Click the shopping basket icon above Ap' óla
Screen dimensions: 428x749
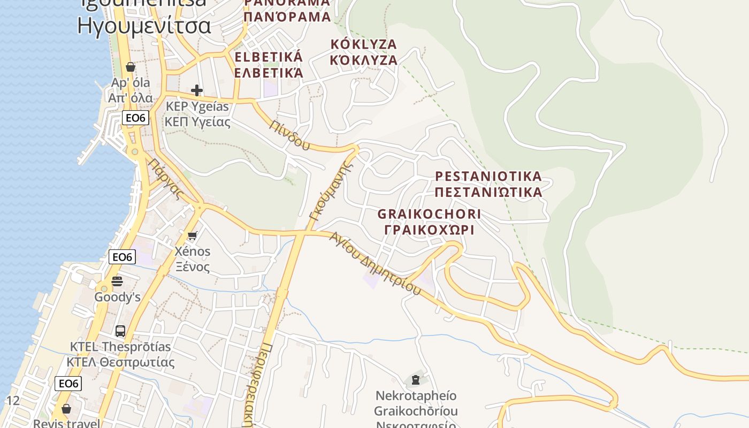[x=130, y=67]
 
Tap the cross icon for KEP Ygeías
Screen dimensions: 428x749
[x=197, y=90]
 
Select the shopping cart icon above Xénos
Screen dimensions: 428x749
[x=192, y=235]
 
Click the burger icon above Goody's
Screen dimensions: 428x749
[x=117, y=281]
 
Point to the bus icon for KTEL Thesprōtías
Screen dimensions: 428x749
[x=120, y=331]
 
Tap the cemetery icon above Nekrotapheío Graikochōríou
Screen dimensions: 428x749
[x=415, y=380]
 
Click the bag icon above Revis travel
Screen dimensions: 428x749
[x=66, y=409]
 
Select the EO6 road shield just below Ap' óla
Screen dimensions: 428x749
[x=135, y=118]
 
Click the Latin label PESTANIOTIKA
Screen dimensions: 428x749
[x=488, y=176]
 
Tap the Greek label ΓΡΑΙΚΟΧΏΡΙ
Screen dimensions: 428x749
[x=429, y=230]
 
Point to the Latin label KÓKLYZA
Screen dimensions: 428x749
[x=363, y=44]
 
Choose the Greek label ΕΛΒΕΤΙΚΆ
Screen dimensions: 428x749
[x=269, y=72]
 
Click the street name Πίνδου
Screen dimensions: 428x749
[x=290, y=134]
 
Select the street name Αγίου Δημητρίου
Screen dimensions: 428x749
[x=375, y=263]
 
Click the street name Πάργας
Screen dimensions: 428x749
[x=166, y=179]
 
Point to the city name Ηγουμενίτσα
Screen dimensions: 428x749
[x=144, y=25]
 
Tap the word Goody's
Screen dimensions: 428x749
[x=117, y=297]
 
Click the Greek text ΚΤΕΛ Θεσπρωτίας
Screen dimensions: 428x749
[x=120, y=362]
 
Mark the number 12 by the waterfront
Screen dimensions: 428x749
[x=13, y=400]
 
